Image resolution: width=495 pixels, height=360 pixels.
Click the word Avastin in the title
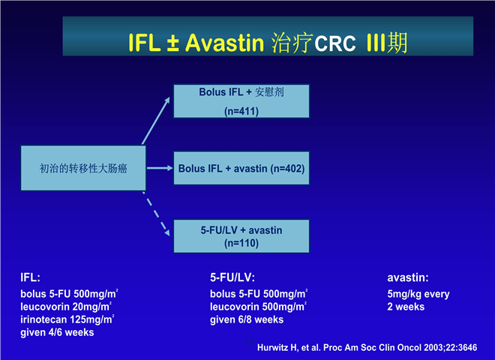(x=224, y=42)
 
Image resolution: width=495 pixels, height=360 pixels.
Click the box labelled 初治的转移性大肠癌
(x=82, y=169)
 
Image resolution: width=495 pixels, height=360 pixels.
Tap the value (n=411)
(x=241, y=111)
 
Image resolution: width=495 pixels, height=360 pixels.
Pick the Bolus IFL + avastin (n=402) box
(x=241, y=169)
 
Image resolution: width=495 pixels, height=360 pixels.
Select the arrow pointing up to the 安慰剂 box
(x=157, y=120)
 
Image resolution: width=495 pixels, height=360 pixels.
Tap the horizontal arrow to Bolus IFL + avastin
(x=159, y=169)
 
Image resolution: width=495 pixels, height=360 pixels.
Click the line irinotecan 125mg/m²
(x=67, y=319)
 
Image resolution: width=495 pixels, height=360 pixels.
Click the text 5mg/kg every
(x=418, y=294)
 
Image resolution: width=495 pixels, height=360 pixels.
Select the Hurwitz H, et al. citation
(x=367, y=346)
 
